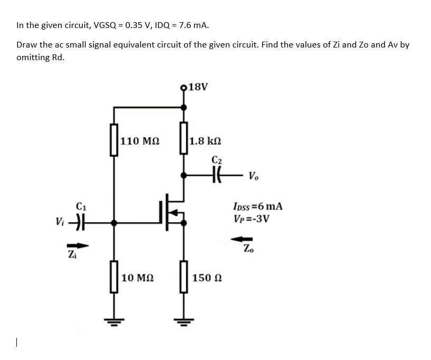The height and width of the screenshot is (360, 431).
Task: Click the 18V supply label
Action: pos(198,87)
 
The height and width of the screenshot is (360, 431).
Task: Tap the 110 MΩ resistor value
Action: pos(140,141)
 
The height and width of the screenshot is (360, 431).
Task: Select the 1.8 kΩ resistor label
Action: pos(205,141)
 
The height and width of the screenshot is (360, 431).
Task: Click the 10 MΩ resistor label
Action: pos(138,278)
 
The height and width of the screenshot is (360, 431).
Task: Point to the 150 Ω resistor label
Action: pos(205,278)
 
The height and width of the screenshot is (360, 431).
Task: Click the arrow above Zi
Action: pos(78,244)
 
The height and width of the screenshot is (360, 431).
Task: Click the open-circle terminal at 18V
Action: pos(184,88)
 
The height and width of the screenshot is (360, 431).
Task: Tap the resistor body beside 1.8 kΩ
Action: pos(184,138)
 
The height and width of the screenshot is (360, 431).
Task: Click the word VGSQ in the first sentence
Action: pos(105,25)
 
